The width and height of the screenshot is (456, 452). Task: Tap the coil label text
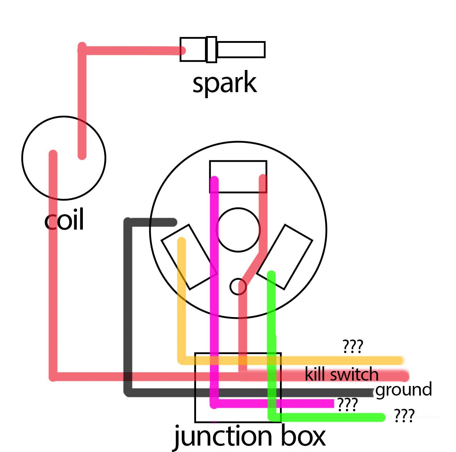[x=64, y=219]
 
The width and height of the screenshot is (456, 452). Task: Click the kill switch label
[x=341, y=374]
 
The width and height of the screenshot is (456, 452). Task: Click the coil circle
[x=22, y=158]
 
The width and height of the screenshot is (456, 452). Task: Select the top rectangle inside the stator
[x=238, y=161]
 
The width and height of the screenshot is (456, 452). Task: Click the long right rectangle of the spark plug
[x=241, y=42]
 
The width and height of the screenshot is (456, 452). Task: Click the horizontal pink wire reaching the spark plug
[x=131, y=51]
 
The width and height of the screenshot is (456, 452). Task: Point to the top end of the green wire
[x=271, y=274]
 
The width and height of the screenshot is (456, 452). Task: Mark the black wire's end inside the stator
[x=174, y=222]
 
